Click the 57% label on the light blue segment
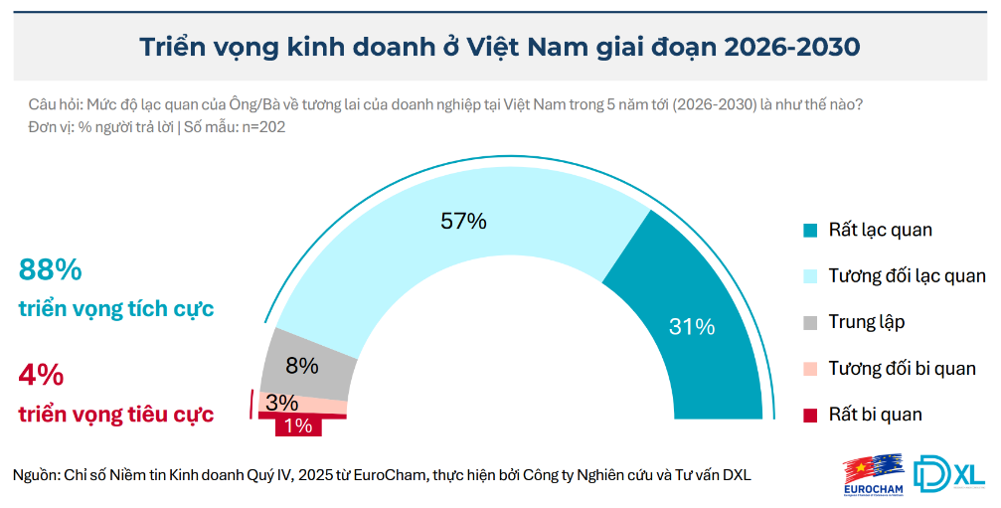click(x=463, y=222)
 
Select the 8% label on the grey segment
click(x=301, y=365)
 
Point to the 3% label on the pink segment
click(x=282, y=403)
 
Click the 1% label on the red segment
click(x=298, y=425)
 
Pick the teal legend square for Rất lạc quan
click(x=810, y=231)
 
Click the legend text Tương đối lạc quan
click(x=907, y=276)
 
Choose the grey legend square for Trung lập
click(x=810, y=323)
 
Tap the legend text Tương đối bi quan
click(x=902, y=369)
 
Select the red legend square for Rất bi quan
click(x=810, y=415)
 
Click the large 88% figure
click(x=50, y=270)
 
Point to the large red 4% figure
click(x=41, y=376)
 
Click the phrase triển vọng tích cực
click(x=116, y=309)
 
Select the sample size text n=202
click(x=260, y=127)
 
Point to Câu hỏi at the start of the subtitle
click(x=55, y=104)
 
